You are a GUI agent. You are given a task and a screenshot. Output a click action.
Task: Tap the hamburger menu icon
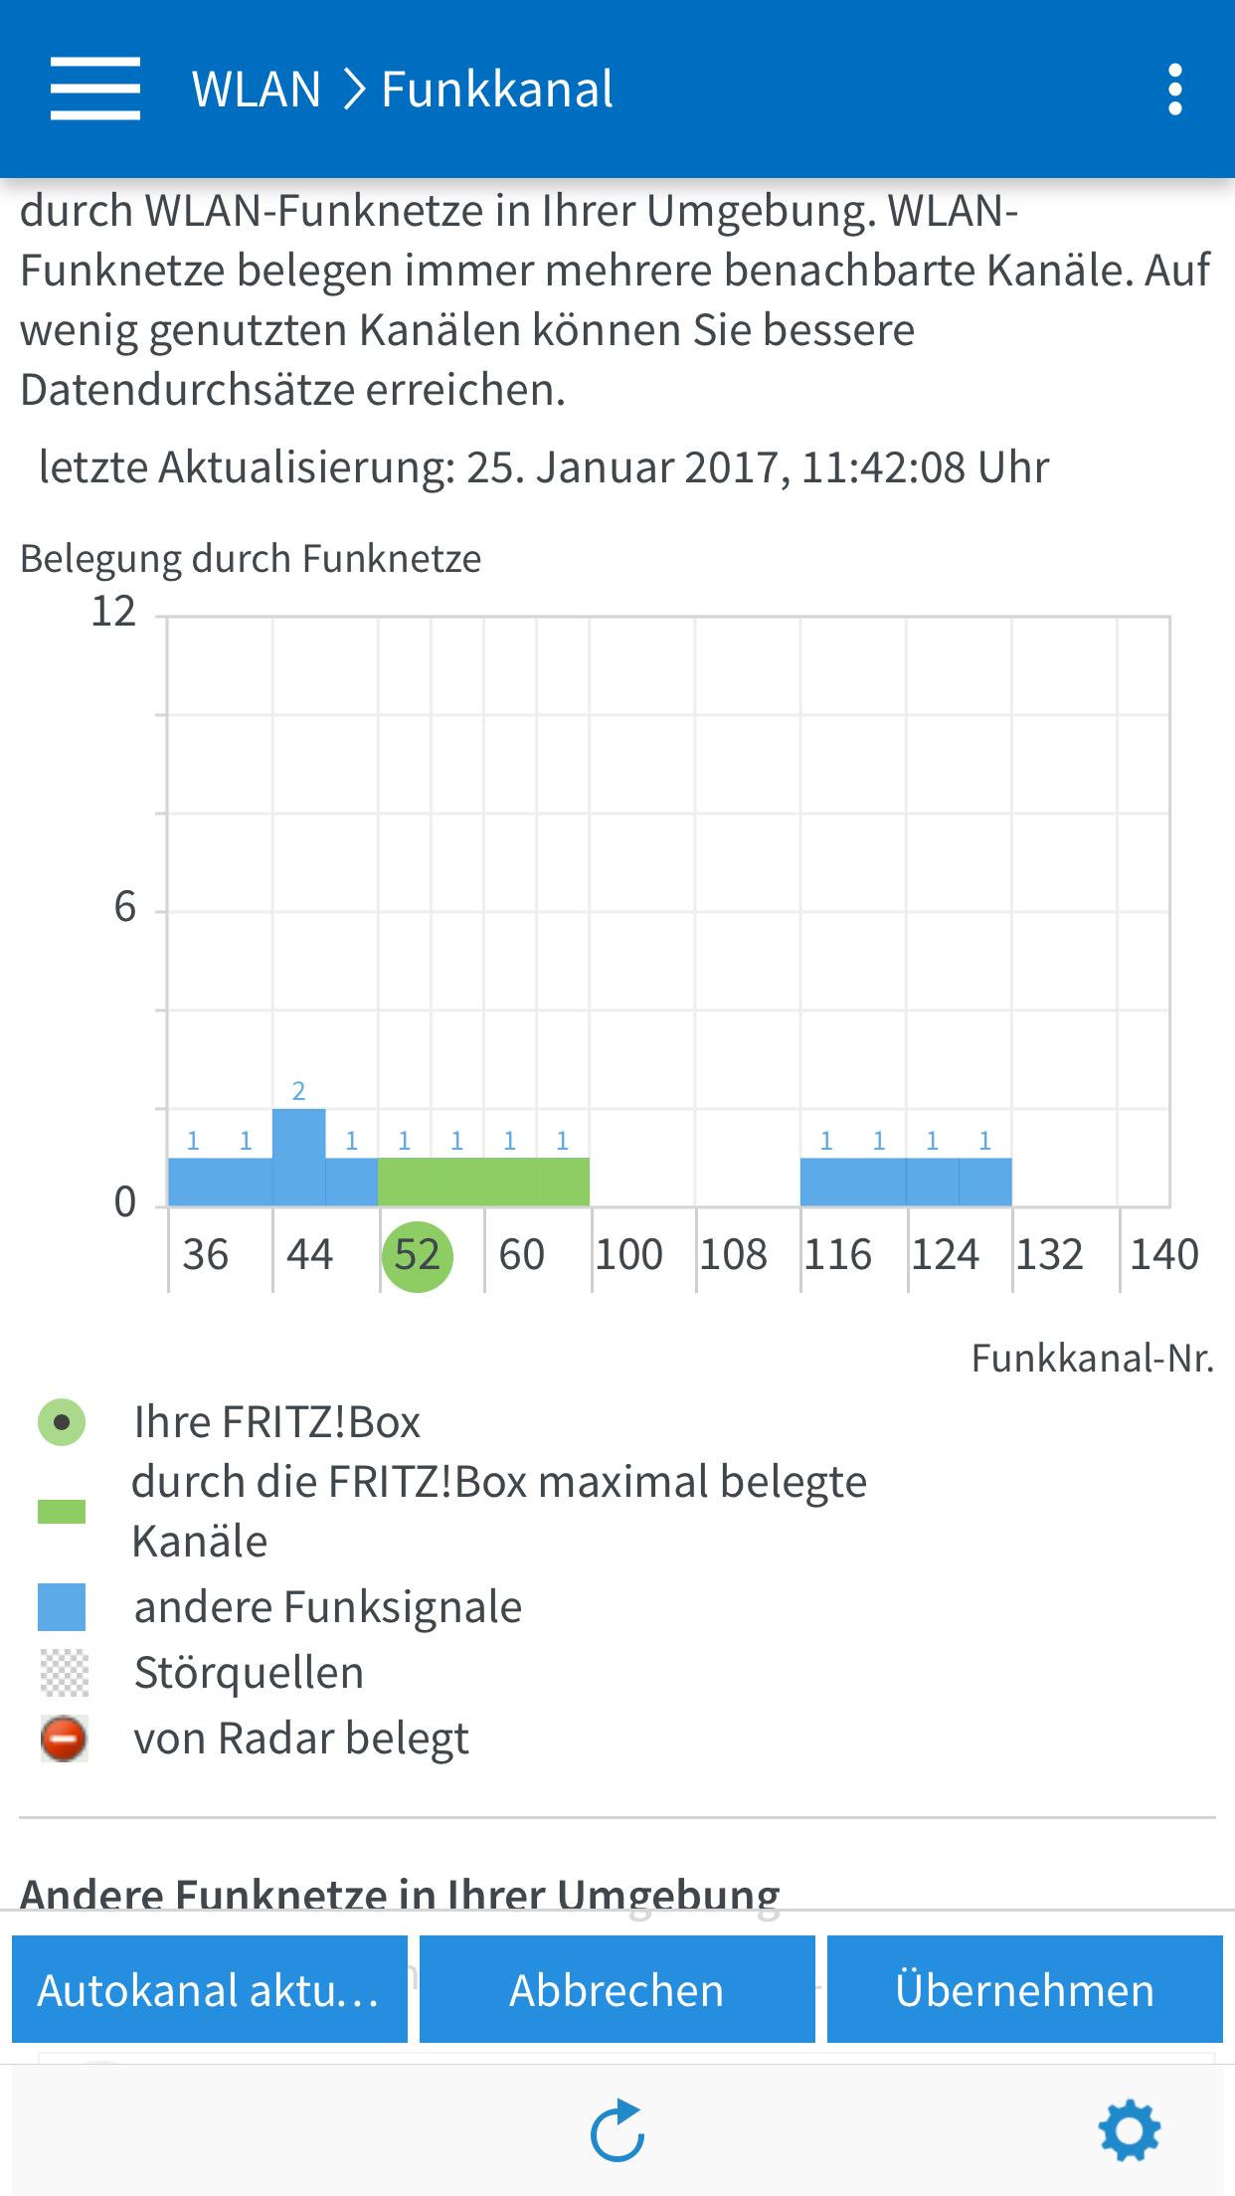95,89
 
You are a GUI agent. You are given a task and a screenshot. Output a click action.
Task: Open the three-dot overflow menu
1175,90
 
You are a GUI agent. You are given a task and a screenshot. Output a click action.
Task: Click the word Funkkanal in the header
497,90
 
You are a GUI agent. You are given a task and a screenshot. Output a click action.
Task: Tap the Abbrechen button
617,1990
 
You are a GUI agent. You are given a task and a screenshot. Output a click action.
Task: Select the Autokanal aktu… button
210,1990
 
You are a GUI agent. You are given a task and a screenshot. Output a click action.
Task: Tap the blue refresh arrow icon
617,2130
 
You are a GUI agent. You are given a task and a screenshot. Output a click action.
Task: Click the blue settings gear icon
1129,2130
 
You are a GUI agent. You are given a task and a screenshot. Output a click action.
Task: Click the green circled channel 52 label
418,1255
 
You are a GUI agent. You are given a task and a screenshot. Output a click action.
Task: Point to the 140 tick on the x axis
1163,1255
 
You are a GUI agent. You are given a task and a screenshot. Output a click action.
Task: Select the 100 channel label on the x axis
629,1255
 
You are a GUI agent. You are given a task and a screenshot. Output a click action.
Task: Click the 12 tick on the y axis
113,612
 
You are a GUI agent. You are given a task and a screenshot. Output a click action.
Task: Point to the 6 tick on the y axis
124,907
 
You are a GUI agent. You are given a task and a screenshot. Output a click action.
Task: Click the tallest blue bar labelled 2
298,1156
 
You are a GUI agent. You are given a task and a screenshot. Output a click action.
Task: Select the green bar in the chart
483,1182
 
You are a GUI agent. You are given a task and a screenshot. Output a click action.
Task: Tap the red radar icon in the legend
64,1739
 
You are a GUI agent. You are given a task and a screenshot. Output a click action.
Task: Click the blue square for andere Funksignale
62,1607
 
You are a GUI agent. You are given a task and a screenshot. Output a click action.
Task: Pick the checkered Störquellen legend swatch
64,1673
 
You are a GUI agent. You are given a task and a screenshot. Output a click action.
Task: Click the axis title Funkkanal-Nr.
1092,1359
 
